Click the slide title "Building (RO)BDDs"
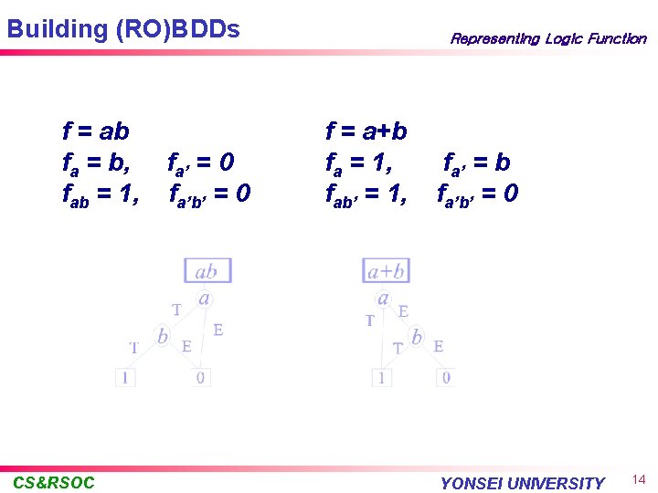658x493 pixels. pos(123,29)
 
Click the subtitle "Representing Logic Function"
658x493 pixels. pos(547,38)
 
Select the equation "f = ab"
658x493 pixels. pos(96,132)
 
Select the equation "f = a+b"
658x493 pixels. pos(366,132)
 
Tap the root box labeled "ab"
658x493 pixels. pos(207,270)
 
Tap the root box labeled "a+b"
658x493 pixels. pos(386,270)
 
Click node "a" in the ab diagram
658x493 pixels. pos(205,298)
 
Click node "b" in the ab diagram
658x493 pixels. pos(162,336)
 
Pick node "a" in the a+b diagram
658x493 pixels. pos(384,298)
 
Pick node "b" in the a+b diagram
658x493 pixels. pos(417,336)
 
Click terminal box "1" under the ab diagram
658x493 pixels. pos(125,376)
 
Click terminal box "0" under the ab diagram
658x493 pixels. pos(201,376)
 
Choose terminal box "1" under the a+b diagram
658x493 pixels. pos(381,376)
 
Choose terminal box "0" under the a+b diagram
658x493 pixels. pos(445,376)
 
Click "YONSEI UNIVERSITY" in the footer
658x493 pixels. pos(522,483)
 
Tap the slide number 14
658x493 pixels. pos(639,479)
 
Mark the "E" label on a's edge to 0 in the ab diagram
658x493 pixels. pos(218,330)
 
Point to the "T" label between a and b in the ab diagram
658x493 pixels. pos(176,309)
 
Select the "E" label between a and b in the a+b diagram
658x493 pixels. pos(403,311)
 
